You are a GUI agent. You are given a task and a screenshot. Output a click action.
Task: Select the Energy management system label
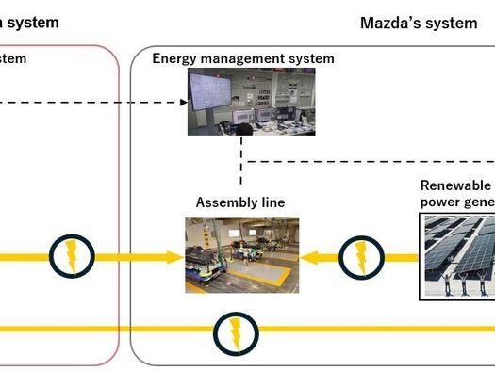coord(243,59)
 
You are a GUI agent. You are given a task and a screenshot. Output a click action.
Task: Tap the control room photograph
coord(243,103)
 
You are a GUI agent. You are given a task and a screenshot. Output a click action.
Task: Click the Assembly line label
coord(239,202)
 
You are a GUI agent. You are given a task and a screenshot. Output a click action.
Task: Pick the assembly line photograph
coord(241,254)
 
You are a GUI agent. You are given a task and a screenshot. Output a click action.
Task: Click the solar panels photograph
coord(457,255)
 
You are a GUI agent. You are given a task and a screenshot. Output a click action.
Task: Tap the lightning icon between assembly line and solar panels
coord(360,255)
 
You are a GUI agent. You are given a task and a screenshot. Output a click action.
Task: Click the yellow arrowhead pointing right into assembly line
coord(175,255)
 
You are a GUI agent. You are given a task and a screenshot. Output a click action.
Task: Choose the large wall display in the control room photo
coord(216,93)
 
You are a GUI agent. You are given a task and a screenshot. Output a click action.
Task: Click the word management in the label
coord(244,59)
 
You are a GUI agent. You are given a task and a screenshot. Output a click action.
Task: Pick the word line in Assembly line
coord(271,202)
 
